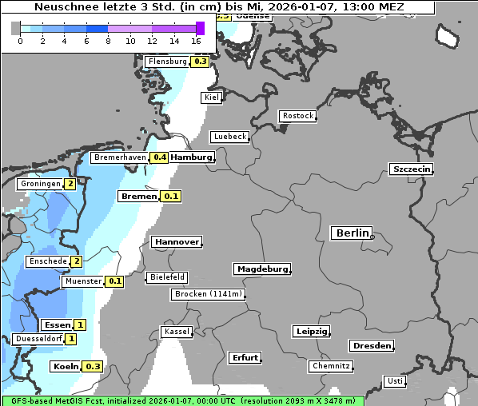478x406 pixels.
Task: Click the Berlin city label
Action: click(352, 233)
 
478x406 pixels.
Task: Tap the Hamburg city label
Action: click(192, 157)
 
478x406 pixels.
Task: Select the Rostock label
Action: click(297, 116)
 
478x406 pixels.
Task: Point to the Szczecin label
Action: click(411, 169)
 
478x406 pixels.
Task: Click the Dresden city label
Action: click(371, 346)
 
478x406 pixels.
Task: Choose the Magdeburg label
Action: click(261, 269)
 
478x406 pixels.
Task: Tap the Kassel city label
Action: click(177, 332)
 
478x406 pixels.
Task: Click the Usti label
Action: click(394, 381)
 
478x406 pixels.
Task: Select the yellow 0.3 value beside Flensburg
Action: click(201, 62)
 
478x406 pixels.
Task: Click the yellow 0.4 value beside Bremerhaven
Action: click(159, 157)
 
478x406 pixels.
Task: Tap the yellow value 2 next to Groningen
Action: click(70, 184)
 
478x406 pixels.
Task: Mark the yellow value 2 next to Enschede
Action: click(76, 261)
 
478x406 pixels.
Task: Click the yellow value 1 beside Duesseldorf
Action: click(71, 339)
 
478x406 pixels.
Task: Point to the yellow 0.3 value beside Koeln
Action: click(94, 367)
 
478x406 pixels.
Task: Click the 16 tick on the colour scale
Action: click(197, 41)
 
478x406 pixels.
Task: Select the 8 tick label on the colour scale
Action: click(108, 41)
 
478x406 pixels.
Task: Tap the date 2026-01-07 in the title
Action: click(297, 7)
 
